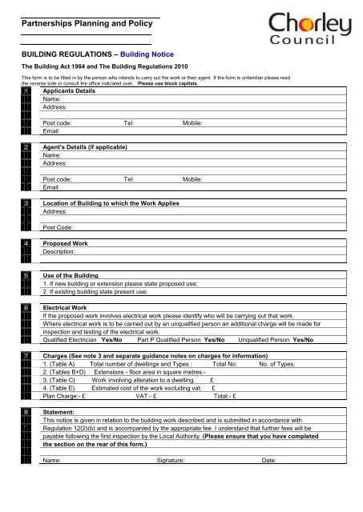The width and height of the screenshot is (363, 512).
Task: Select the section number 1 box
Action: pyautogui.click(x=26, y=92)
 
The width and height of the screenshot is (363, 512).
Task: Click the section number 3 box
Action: pyautogui.click(x=26, y=204)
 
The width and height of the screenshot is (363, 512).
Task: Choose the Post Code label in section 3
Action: pyautogui.click(x=57, y=227)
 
